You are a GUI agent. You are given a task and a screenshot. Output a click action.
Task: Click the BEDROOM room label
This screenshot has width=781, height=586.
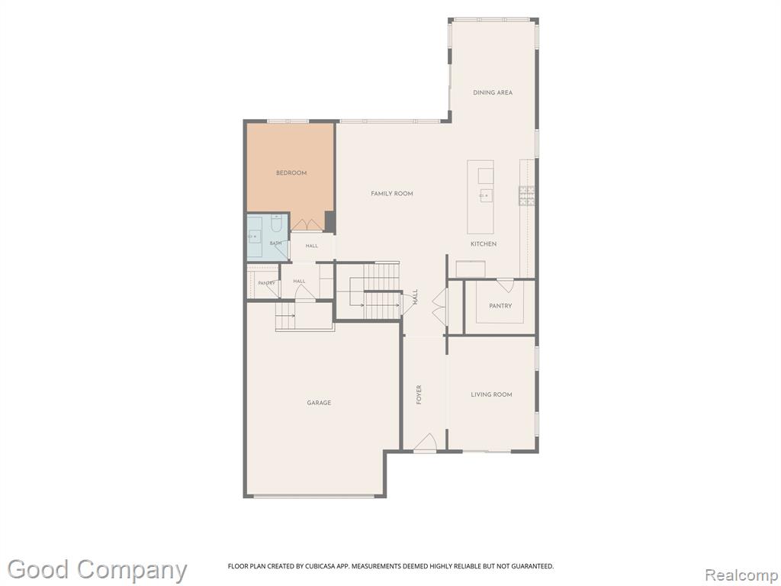click(x=291, y=173)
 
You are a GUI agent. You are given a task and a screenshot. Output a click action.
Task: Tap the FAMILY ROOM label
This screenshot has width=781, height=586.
click(x=392, y=193)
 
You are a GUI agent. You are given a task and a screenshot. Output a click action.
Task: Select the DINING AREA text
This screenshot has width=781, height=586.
click(x=493, y=92)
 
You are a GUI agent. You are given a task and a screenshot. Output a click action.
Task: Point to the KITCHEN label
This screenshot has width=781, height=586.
click(x=484, y=243)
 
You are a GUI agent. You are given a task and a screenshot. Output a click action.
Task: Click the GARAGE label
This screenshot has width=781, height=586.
click(x=319, y=403)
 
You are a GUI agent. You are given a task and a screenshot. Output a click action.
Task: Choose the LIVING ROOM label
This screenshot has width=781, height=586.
click(x=492, y=394)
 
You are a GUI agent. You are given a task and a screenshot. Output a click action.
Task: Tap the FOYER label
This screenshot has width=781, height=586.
click(x=419, y=394)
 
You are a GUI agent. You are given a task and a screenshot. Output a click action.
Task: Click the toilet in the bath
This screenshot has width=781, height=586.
click(x=276, y=223)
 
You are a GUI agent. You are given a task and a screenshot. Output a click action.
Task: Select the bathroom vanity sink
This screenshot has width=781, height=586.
click(x=255, y=236)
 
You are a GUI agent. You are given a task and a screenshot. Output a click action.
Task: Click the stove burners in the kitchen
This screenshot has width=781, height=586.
click(x=526, y=195)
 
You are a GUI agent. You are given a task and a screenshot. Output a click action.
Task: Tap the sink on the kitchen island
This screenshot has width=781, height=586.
click(x=486, y=195)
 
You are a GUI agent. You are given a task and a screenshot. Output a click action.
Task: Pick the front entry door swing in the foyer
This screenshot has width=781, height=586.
click(x=426, y=443)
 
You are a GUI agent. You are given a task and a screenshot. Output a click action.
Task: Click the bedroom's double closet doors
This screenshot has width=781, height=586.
click(x=307, y=225)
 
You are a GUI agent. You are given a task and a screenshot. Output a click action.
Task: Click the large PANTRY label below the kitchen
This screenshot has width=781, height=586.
click(x=500, y=306)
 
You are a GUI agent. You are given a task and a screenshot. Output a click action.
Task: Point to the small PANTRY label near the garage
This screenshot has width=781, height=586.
click(x=266, y=283)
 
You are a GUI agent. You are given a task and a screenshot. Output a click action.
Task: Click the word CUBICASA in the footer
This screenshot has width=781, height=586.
click(x=317, y=566)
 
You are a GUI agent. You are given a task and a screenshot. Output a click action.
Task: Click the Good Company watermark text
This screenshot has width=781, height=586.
click(x=97, y=569)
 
